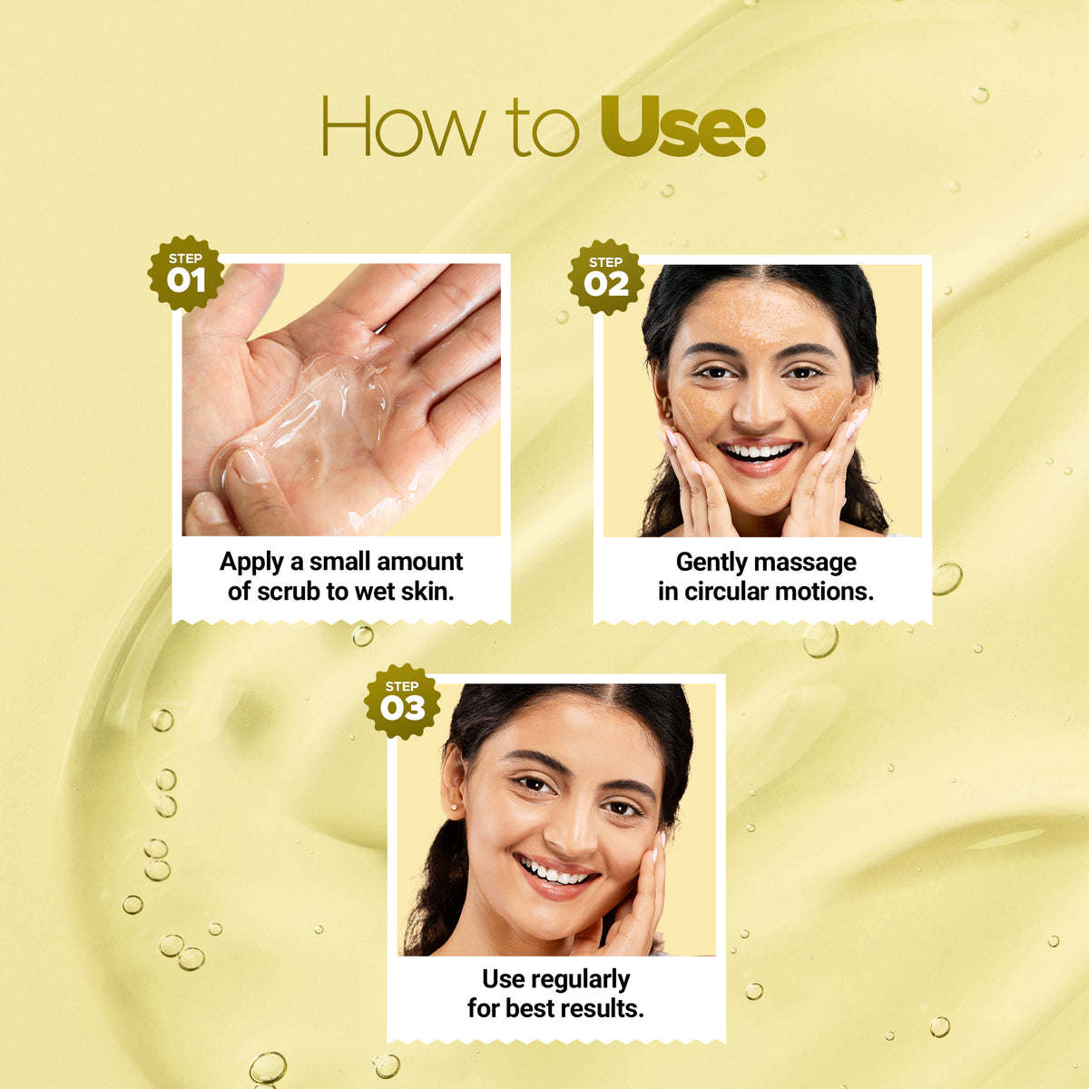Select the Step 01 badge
pos(185,273)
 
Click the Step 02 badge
pos(606,277)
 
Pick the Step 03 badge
pos(402,701)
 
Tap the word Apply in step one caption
pos(251,563)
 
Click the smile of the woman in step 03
pos(555,876)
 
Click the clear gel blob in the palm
pos(305,418)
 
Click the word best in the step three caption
pos(529,1009)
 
